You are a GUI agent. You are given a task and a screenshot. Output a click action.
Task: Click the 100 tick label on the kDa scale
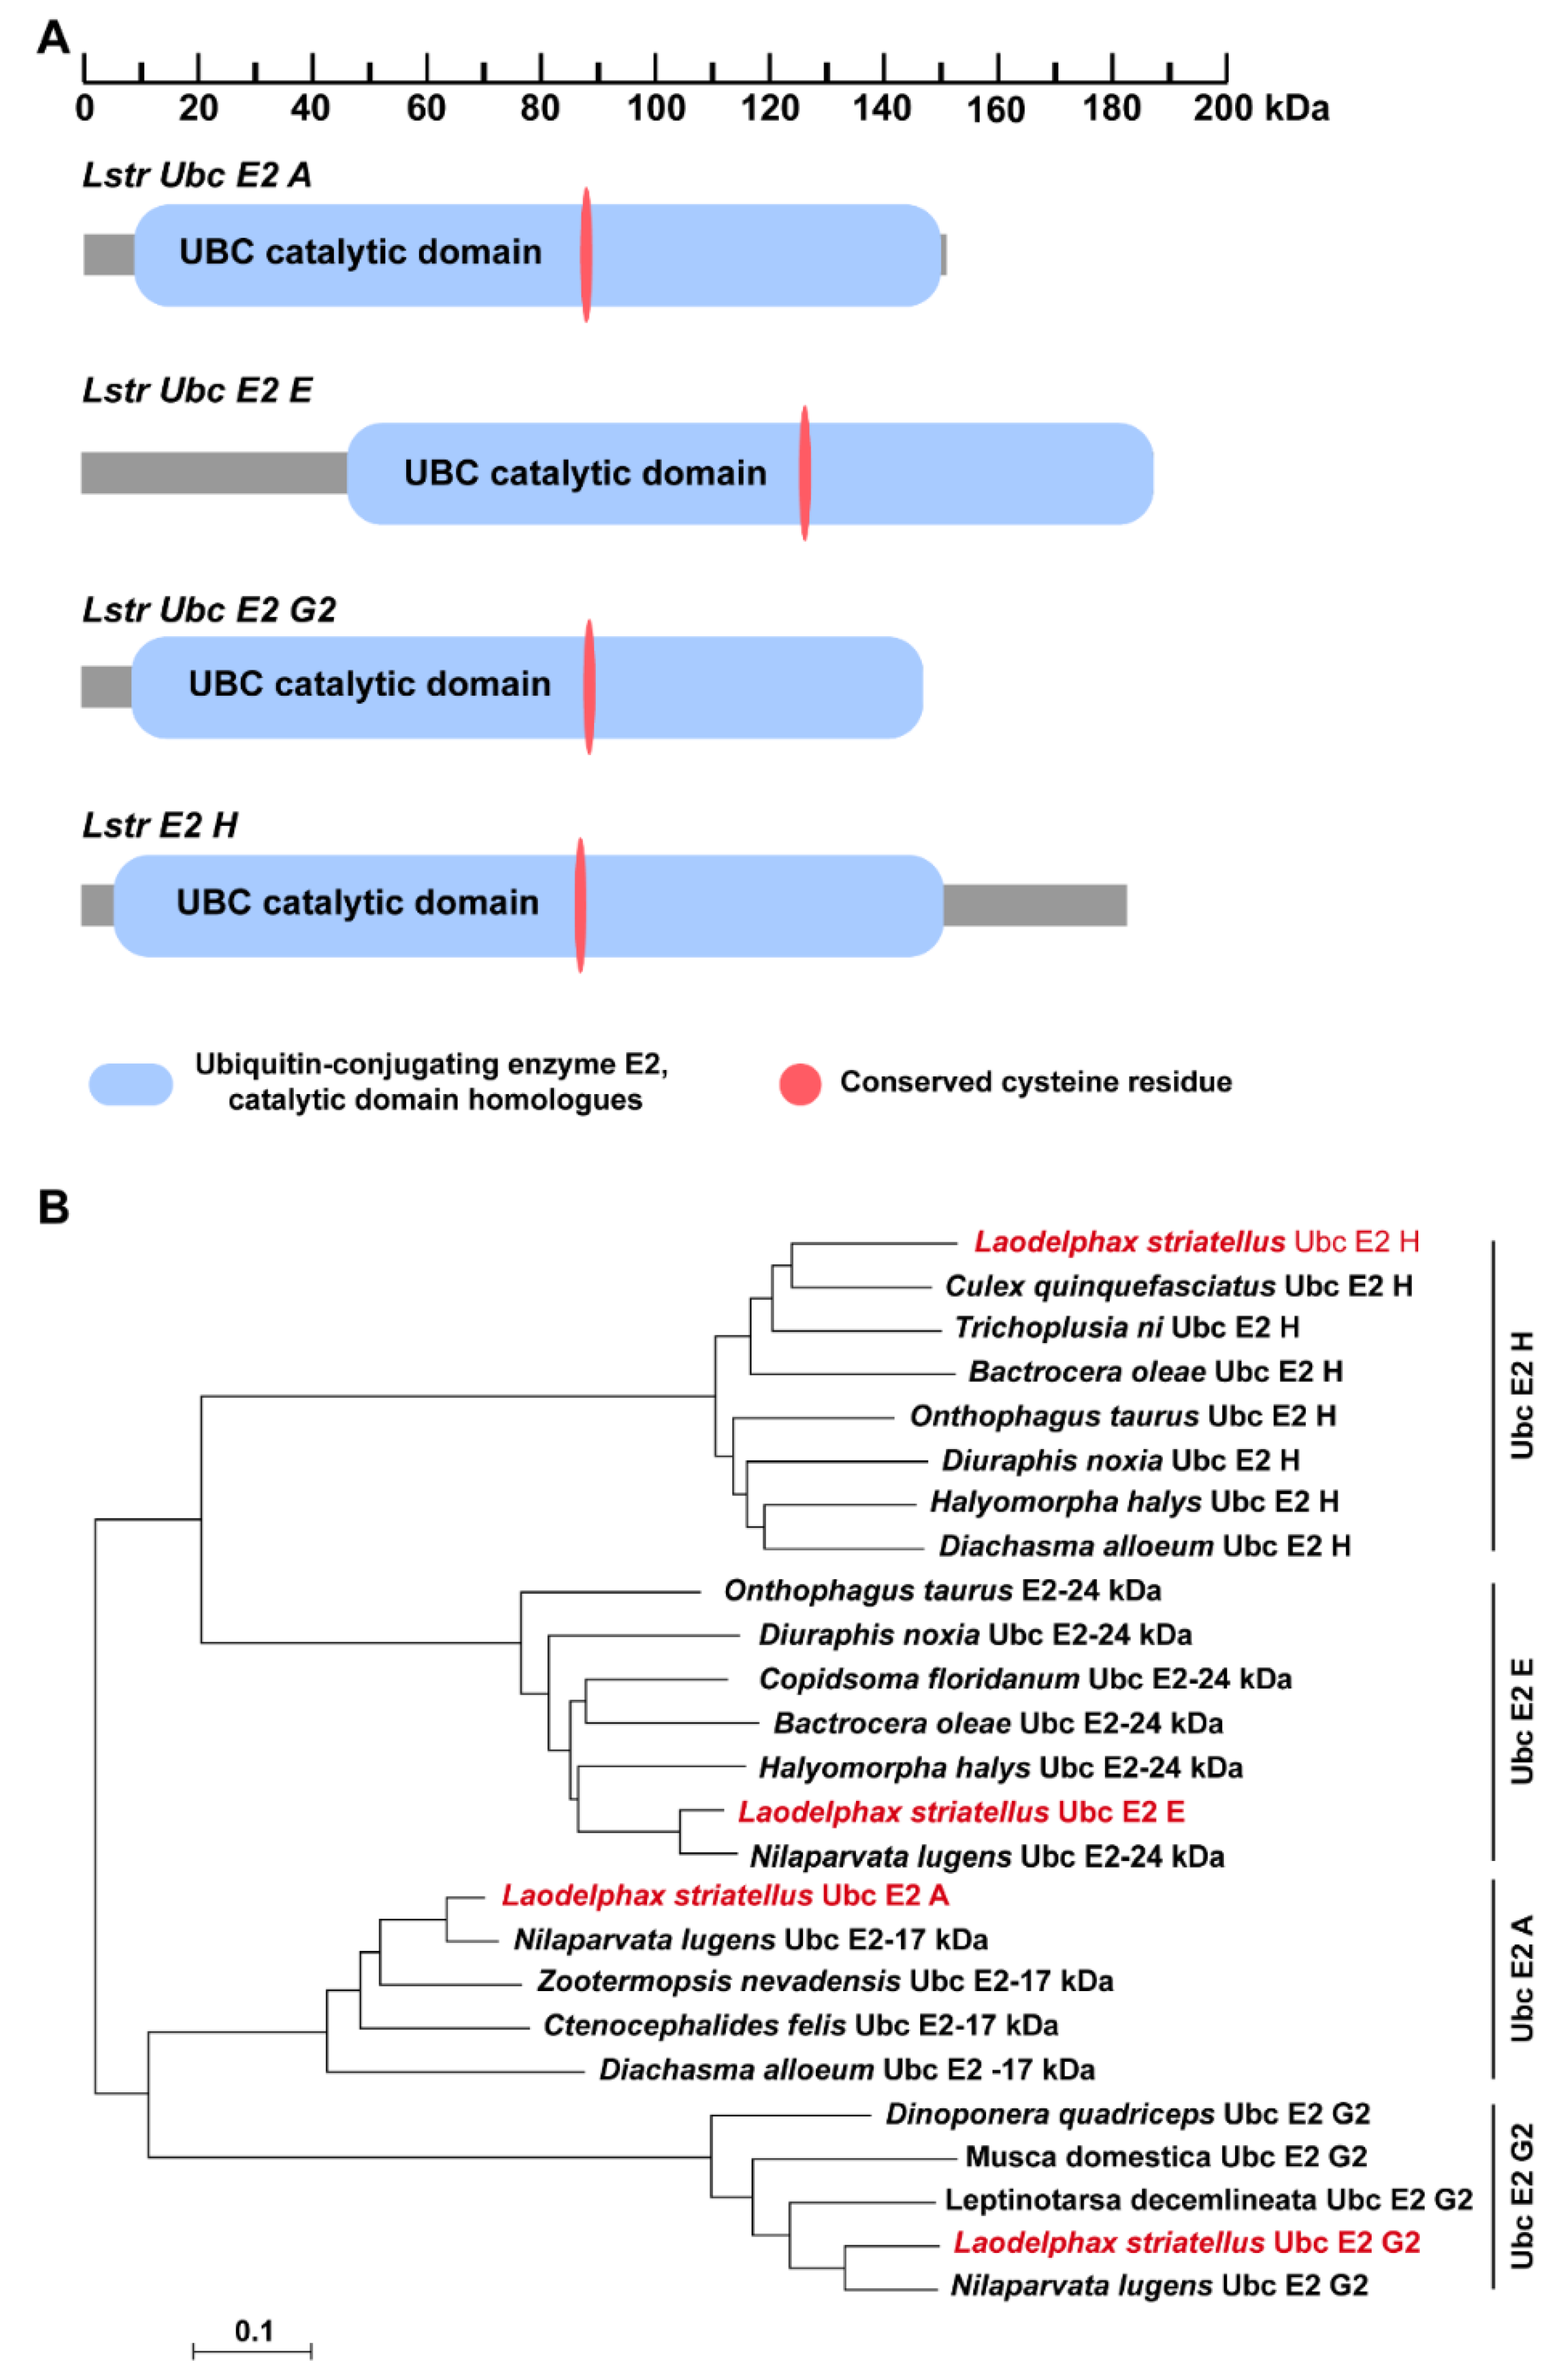pos(655,108)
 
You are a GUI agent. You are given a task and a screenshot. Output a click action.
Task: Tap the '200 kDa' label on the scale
pos(1260,108)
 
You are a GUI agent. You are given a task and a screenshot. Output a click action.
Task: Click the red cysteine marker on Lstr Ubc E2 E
pos(804,473)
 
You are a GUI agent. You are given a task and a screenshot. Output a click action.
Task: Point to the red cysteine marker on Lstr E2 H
pos(580,905)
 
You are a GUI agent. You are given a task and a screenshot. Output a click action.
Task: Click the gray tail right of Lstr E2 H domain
pos(1035,905)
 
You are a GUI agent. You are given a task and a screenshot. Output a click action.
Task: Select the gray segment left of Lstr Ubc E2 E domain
pos(214,473)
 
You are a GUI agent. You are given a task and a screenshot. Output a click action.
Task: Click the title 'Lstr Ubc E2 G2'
pos(209,609)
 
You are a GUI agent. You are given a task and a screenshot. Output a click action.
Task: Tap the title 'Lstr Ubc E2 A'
pos(197,176)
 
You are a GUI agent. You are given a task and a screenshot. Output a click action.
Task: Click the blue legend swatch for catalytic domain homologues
pos(131,1084)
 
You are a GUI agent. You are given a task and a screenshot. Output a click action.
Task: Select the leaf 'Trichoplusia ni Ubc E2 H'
pos(1127,1328)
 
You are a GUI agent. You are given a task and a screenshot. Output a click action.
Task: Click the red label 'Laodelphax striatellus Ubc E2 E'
pos(961,1812)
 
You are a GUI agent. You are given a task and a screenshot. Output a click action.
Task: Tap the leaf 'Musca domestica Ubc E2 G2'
pos(1166,2156)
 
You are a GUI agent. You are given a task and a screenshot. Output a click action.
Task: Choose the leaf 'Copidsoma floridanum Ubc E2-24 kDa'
pos(1025,1679)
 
